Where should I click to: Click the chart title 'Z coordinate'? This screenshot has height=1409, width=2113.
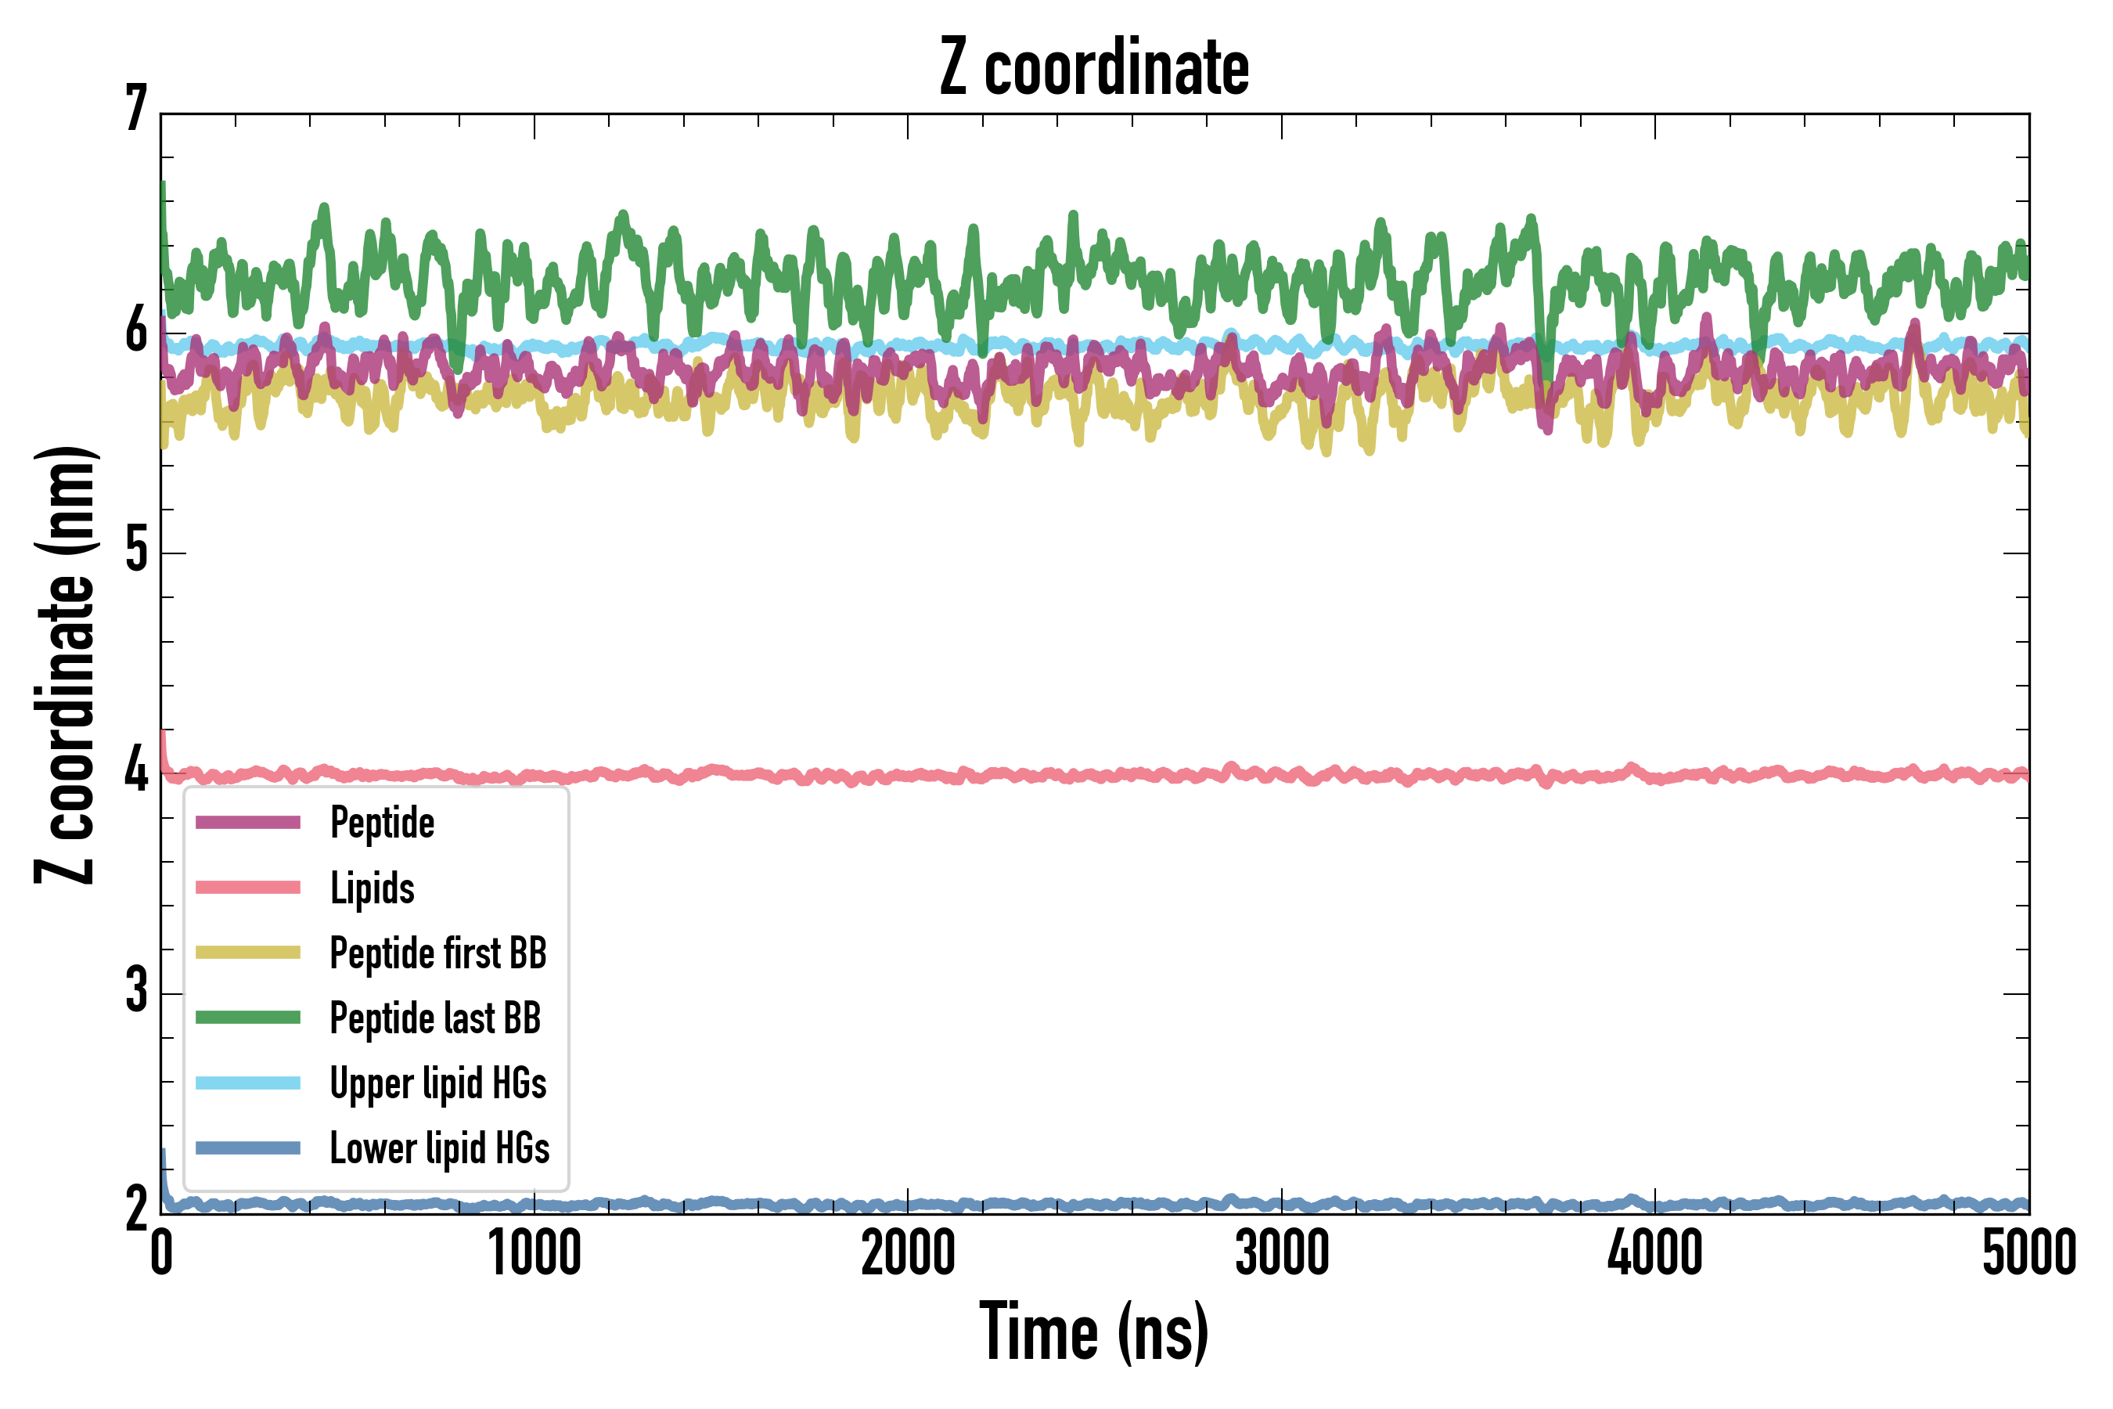[x=1093, y=68]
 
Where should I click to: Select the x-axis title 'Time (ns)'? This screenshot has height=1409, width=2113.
[x=1093, y=1332]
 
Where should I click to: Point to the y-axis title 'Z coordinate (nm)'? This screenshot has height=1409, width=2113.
[x=65, y=665]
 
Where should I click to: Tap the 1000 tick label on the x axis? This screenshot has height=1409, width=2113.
[x=535, y=1253]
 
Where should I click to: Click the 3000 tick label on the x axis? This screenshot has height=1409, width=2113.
[x=1282, y=1253]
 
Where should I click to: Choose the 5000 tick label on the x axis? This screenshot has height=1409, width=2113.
[x=2028, y=1253]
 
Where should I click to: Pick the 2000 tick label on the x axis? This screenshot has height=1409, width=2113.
[x=909, y=1253]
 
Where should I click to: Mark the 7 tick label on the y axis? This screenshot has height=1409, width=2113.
[x=136, y=110]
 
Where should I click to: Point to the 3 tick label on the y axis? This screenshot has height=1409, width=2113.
[x=136, y=990]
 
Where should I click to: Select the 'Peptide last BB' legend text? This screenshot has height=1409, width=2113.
[x=436, y=1018]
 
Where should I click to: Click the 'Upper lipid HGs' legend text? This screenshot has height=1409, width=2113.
[x=438, y=1083]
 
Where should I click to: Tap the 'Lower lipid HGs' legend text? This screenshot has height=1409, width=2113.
[x=439, y=1148]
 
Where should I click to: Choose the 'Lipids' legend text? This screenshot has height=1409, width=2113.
[x=373, y=888]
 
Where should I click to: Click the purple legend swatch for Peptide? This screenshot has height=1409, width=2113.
[x=248, y=822]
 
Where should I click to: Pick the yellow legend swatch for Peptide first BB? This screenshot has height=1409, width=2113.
[x=248, y=953]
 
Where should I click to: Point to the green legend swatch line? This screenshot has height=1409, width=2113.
[x=248, y=1017]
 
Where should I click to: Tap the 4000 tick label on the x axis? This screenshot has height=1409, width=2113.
[x=1655, y=1253]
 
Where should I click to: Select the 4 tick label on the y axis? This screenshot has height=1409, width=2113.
[x=136, y=771]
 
